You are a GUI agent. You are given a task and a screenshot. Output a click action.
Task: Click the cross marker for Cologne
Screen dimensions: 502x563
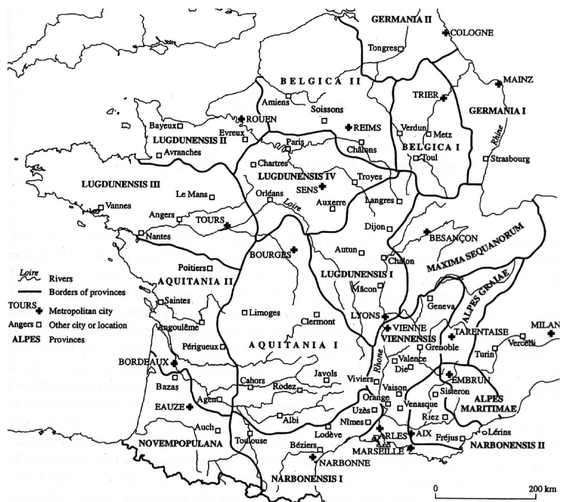tap(446, 33)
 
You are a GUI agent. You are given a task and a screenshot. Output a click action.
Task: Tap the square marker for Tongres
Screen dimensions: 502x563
tap(400, 49)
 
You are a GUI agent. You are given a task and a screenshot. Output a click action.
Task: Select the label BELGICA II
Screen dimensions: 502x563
tap(320, 81)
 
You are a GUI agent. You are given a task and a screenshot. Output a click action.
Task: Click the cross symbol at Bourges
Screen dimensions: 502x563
tap(293, 249)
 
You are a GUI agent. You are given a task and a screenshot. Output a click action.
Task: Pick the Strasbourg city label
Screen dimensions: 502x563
tap(510, 159)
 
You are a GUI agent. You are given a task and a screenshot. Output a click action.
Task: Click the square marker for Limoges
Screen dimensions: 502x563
tap(245, 313)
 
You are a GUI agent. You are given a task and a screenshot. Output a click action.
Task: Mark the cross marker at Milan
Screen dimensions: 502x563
tap(551, 333)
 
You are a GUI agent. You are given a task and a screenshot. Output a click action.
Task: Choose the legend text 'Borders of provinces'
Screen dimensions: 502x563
tap(87, 293)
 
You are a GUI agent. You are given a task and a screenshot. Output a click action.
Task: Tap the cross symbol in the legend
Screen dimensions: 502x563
tap(39, 311)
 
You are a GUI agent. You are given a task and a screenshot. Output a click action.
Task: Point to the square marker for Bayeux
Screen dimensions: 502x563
tap(180, 126)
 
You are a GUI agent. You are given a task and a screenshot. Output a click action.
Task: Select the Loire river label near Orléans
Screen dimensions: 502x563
tap(292, 203)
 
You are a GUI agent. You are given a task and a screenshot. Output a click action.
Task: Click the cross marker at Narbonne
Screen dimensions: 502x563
tap(313, 457)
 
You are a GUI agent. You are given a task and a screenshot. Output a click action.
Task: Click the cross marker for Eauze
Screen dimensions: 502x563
tap(190, 406)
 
